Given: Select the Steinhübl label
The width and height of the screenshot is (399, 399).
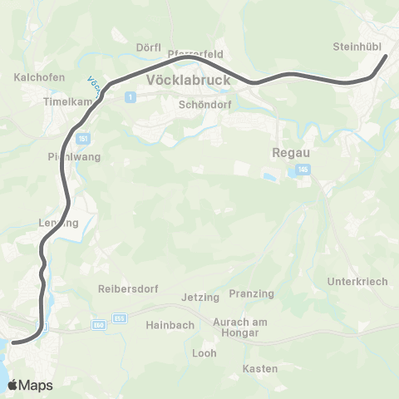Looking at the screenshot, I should click(356, 47).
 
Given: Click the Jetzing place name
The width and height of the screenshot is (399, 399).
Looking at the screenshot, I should click(199, 297).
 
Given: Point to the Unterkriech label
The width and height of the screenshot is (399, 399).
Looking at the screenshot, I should click(358, 281).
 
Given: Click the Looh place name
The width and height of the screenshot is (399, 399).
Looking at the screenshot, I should click(204, 352).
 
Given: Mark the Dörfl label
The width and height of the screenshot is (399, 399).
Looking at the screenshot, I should click(149, 47).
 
